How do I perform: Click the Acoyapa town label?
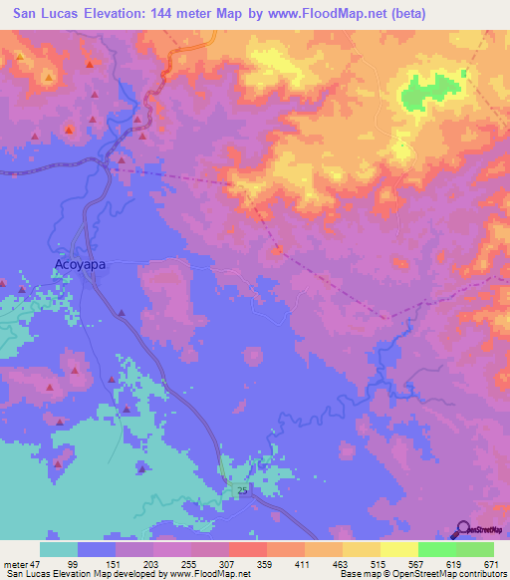coord(79,265)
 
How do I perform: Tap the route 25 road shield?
coord(242,490)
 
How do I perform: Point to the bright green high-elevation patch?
coord(427,93)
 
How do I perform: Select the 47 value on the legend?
coord(40,564)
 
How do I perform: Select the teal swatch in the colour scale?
coord(59,549)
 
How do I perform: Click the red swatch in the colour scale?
coord(248,549)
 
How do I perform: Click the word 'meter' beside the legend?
coord(17,564)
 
